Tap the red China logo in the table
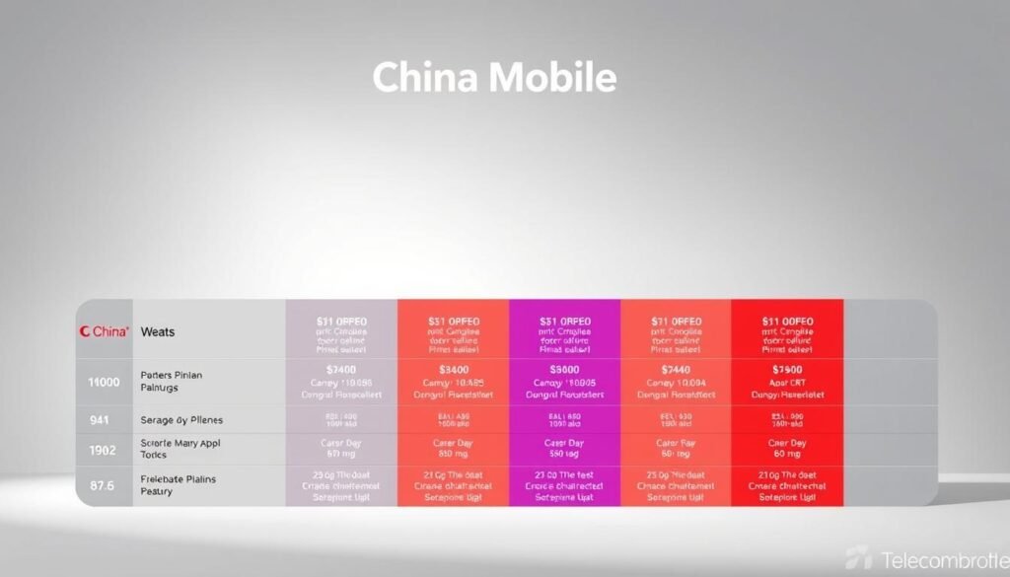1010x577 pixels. [104, 332]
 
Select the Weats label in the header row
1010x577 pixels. [158, 332]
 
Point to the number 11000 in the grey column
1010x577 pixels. [104, 382]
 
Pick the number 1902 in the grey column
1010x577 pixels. [104, 450]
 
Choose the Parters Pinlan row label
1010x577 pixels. [174, 375]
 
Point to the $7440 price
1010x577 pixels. [676, 369]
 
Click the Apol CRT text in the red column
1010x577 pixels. [787, 382]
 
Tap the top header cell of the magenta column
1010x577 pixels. [564, 335]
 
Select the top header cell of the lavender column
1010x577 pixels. [341, 335]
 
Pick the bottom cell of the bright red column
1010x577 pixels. [787, 485]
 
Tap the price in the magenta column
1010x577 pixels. [564, 369]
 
